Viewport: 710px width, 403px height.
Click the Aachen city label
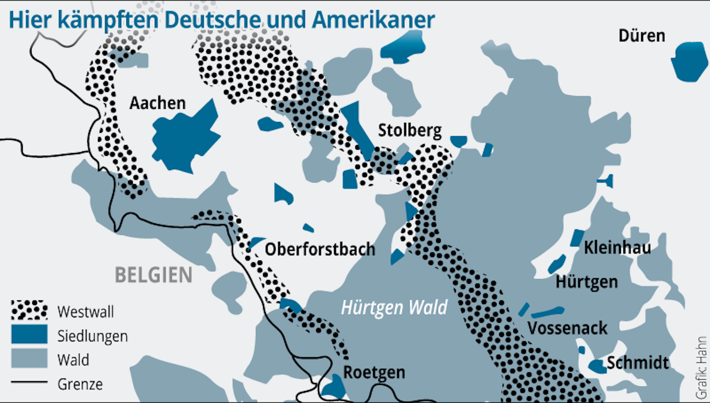[x=157, y=103]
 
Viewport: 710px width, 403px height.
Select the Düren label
[x=641, y=36]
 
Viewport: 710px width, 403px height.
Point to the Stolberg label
[x=410, y=130]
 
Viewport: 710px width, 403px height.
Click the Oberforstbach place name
[x=320, y=249]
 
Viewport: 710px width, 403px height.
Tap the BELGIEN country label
[x=153, y=275]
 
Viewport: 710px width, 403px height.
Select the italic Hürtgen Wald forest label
[x=394, y=307]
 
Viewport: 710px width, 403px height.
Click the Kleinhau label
[x=617, y=247]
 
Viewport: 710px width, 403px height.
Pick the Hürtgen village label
[x=586, y=282]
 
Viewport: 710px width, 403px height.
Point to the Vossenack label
[x=567, y=328]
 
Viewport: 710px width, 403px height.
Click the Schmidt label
[x=638, y=363]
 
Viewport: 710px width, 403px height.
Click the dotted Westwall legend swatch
[x=29, y=310]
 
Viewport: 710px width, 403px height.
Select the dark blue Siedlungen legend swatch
[x=29, y=334]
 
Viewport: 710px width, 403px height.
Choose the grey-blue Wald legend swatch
[x=29, y=358]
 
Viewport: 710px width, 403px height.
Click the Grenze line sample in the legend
[x=29, y=382]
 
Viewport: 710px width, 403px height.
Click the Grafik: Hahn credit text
[x=701, y=367]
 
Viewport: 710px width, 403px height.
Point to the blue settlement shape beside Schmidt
[x=598, y=366]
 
